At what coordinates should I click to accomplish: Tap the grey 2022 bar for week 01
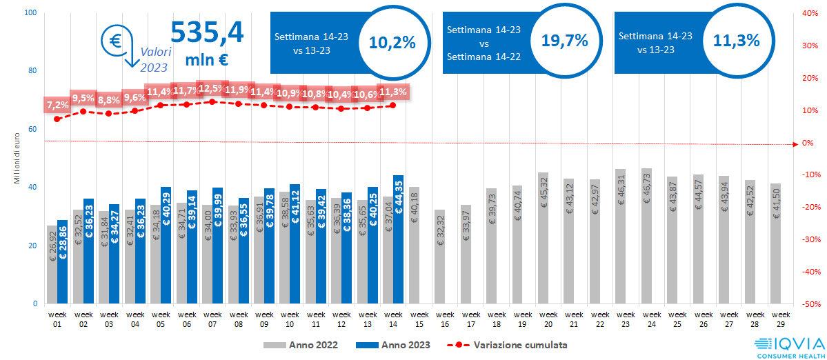pos(52,265)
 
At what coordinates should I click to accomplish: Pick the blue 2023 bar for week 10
pos(295,244)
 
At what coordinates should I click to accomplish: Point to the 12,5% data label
pos(211,88)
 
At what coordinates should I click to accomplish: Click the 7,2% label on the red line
pos(57,105)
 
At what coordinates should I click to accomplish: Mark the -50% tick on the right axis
pos(810,304)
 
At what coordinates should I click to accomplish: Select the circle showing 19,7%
pos(564,41)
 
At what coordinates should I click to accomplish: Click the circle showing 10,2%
pos(392,43)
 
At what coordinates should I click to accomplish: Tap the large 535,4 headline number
pos(206,32)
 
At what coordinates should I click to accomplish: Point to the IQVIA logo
pos(788,347)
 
